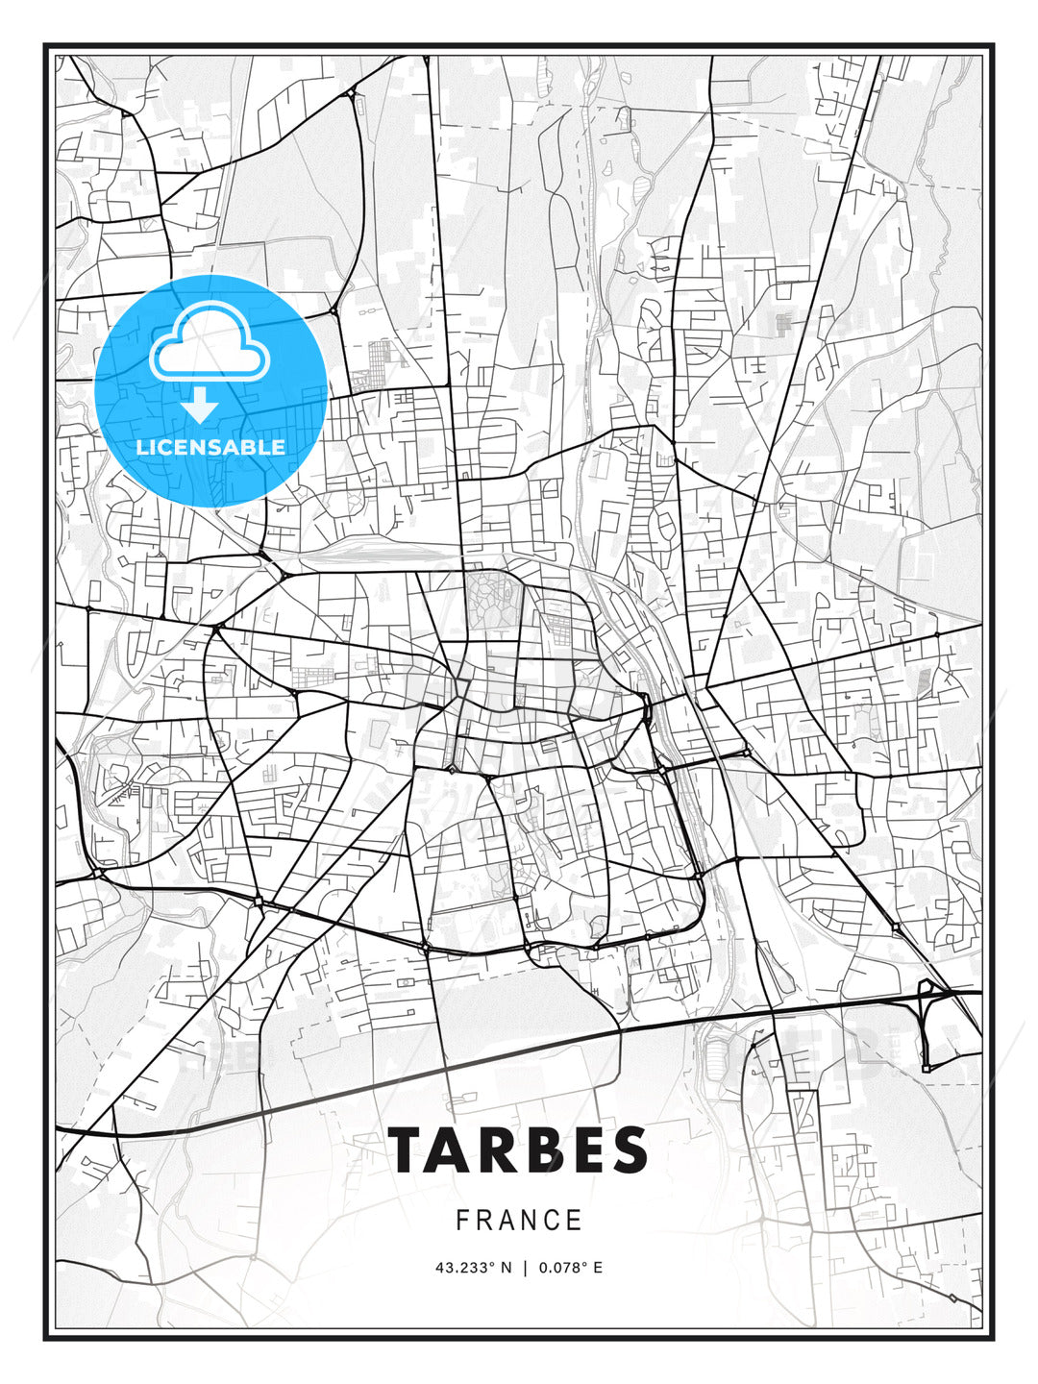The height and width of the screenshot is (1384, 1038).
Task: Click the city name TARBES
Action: [x=519, y=1149]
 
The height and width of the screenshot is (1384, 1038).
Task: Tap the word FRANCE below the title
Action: [x=519, y=1221]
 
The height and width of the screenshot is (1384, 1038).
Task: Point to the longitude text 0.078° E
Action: [x=571, y=1268]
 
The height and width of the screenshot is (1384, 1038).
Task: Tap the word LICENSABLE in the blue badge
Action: [x=210, y=447]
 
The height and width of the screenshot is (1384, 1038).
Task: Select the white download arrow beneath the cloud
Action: [x=200, y=406]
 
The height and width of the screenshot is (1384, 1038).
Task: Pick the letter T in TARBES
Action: [x=408, y=1149]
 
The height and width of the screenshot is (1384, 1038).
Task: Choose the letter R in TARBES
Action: [x=498, y=1149]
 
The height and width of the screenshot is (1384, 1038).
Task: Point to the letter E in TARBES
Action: [x=585, y=1149]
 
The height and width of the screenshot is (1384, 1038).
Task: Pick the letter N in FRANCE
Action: [x=530, y=1221]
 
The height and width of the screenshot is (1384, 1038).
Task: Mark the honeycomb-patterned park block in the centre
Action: [x=492, y=599]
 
